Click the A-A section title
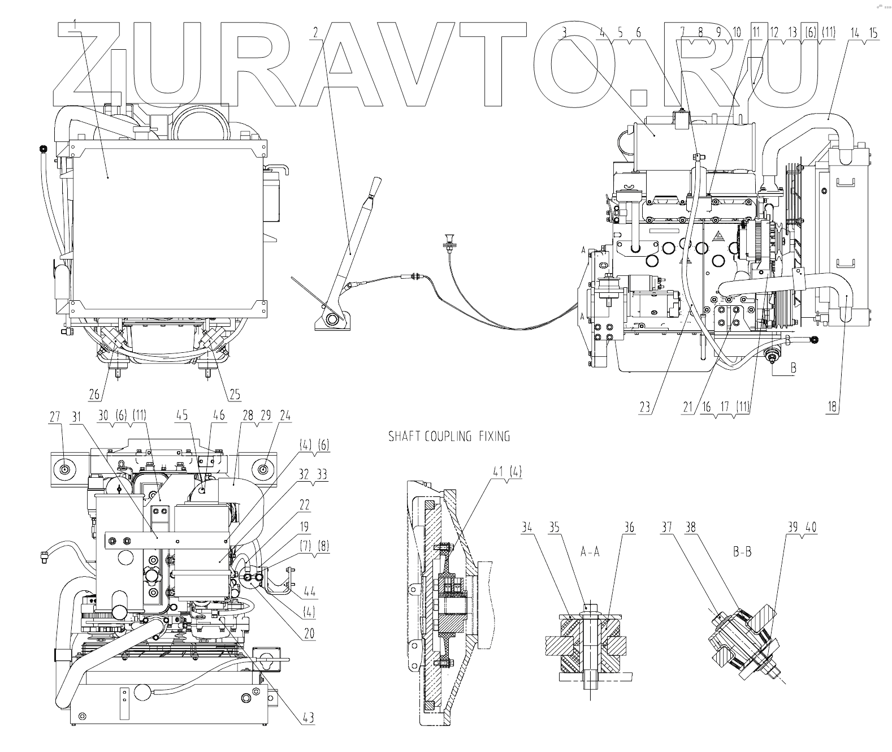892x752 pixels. (x=590, y=552)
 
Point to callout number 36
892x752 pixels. (x=629, y=529)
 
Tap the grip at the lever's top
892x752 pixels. (x=375, y=185)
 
